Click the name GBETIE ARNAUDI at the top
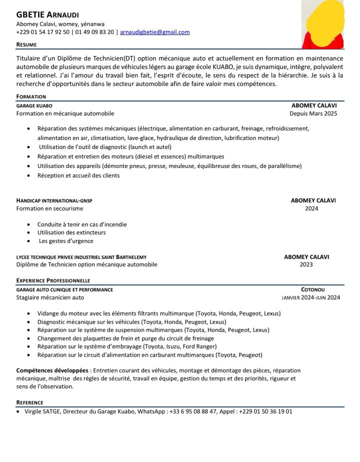click(x=47, y=15)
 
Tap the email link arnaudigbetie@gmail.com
click(x=154, y=32)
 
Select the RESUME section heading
click(x=26, y=44)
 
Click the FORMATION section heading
click(x=31, y=96)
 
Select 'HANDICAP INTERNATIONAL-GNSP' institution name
click(x=54, y=200)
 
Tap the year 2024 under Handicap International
click(x=311, y=208)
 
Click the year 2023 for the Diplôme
click(x=306, y=264)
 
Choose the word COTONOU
click(x=313, y=289)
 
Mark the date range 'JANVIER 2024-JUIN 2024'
click(x=311, y=297)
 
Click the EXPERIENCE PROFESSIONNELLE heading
click(x=53, y=280)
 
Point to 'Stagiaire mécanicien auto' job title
click(x=50, y=297)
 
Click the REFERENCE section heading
click(x=29, y=402)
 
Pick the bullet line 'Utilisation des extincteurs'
click(x=71, y=232)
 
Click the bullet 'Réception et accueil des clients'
click(x=78, y=175)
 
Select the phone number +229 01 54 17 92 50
click(x=43, y=32)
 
